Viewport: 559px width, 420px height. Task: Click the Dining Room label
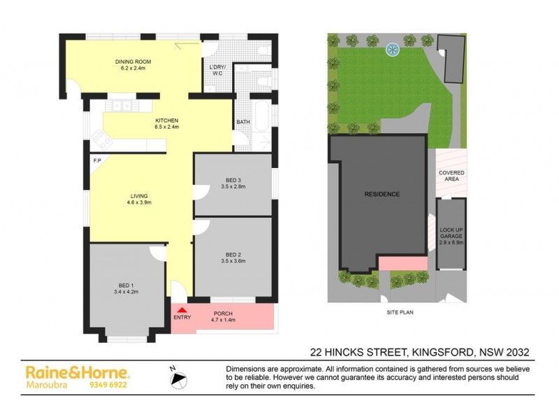pos(133,65)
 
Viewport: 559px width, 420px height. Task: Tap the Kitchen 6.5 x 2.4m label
pos(167,123)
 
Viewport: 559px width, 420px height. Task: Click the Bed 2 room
pos(233,258)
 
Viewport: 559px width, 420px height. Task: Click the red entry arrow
pos(182,309)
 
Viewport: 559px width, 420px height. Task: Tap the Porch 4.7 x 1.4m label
pos(223,316)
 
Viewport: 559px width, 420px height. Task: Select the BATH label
pos(242,122)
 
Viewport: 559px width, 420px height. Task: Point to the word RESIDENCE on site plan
pos(382,194)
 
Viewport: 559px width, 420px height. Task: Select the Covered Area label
pos(451,176)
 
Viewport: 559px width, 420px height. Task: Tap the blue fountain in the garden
pos(393,50)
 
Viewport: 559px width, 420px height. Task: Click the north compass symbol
pos(180,379)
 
